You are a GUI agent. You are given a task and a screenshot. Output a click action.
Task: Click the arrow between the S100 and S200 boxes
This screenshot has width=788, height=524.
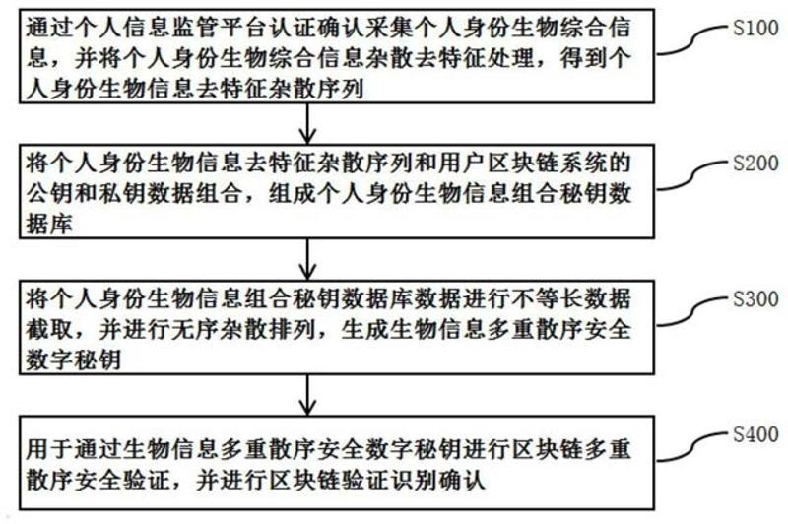[309, 122]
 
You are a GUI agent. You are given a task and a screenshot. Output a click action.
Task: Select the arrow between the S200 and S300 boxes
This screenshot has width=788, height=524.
[309, 257]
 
